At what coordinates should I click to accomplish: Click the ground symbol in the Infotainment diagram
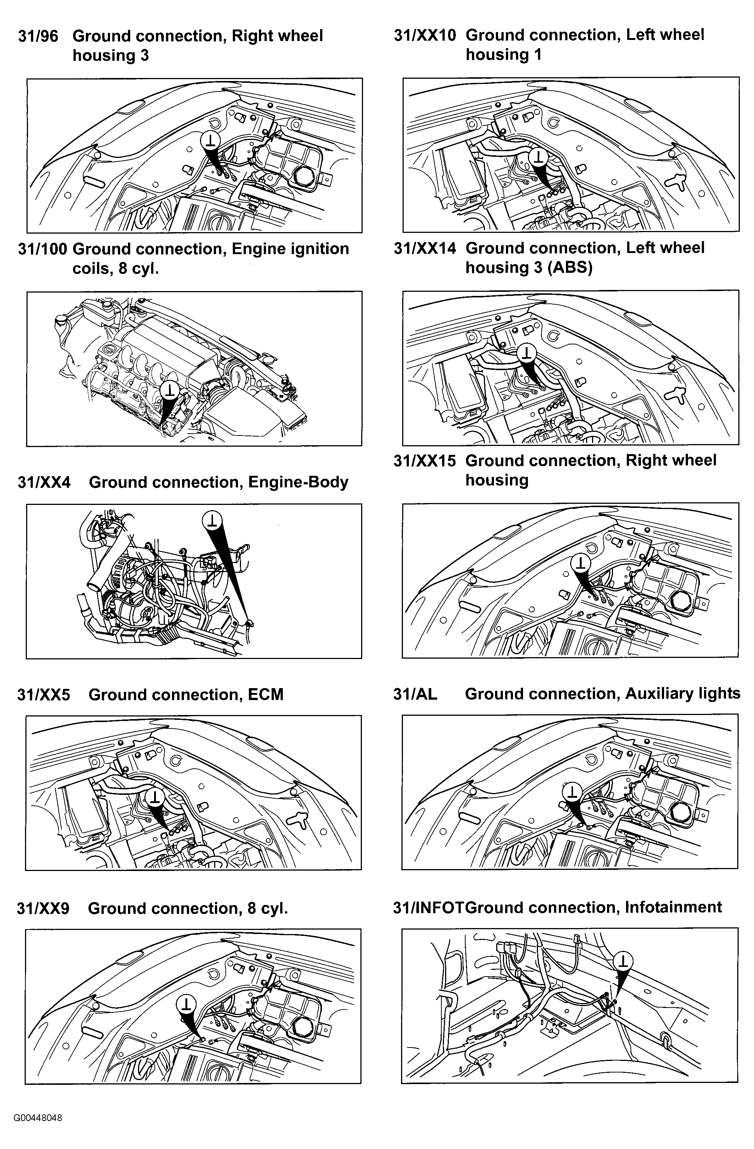[624, 960]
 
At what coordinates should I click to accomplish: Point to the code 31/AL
[415, 694]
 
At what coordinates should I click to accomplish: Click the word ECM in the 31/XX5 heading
[266, 695]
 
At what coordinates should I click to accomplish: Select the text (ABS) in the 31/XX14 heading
[570, 268]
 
